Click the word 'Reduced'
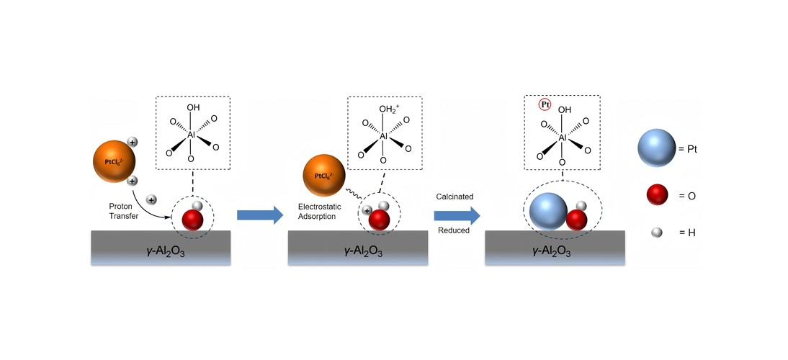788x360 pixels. point(454,230)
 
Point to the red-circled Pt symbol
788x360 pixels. point(545,104)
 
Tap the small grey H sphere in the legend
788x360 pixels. point(656,233)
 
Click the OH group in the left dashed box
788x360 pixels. point(192,109)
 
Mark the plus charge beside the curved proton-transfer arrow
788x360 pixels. point(151,199)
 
